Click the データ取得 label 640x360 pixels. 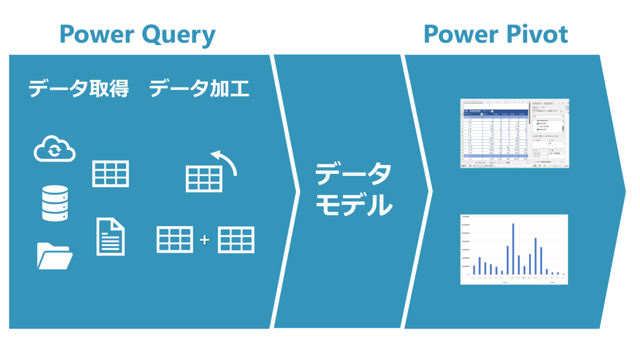78,88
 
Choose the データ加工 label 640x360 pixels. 199,88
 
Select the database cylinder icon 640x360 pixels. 55,203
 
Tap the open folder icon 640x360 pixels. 55,255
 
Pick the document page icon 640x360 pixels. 110,236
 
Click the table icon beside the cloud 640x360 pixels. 110,173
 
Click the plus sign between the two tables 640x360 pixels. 205,240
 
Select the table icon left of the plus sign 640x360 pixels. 175,240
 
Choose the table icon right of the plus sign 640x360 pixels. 236,240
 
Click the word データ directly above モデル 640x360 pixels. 354,175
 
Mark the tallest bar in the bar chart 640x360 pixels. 513,249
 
